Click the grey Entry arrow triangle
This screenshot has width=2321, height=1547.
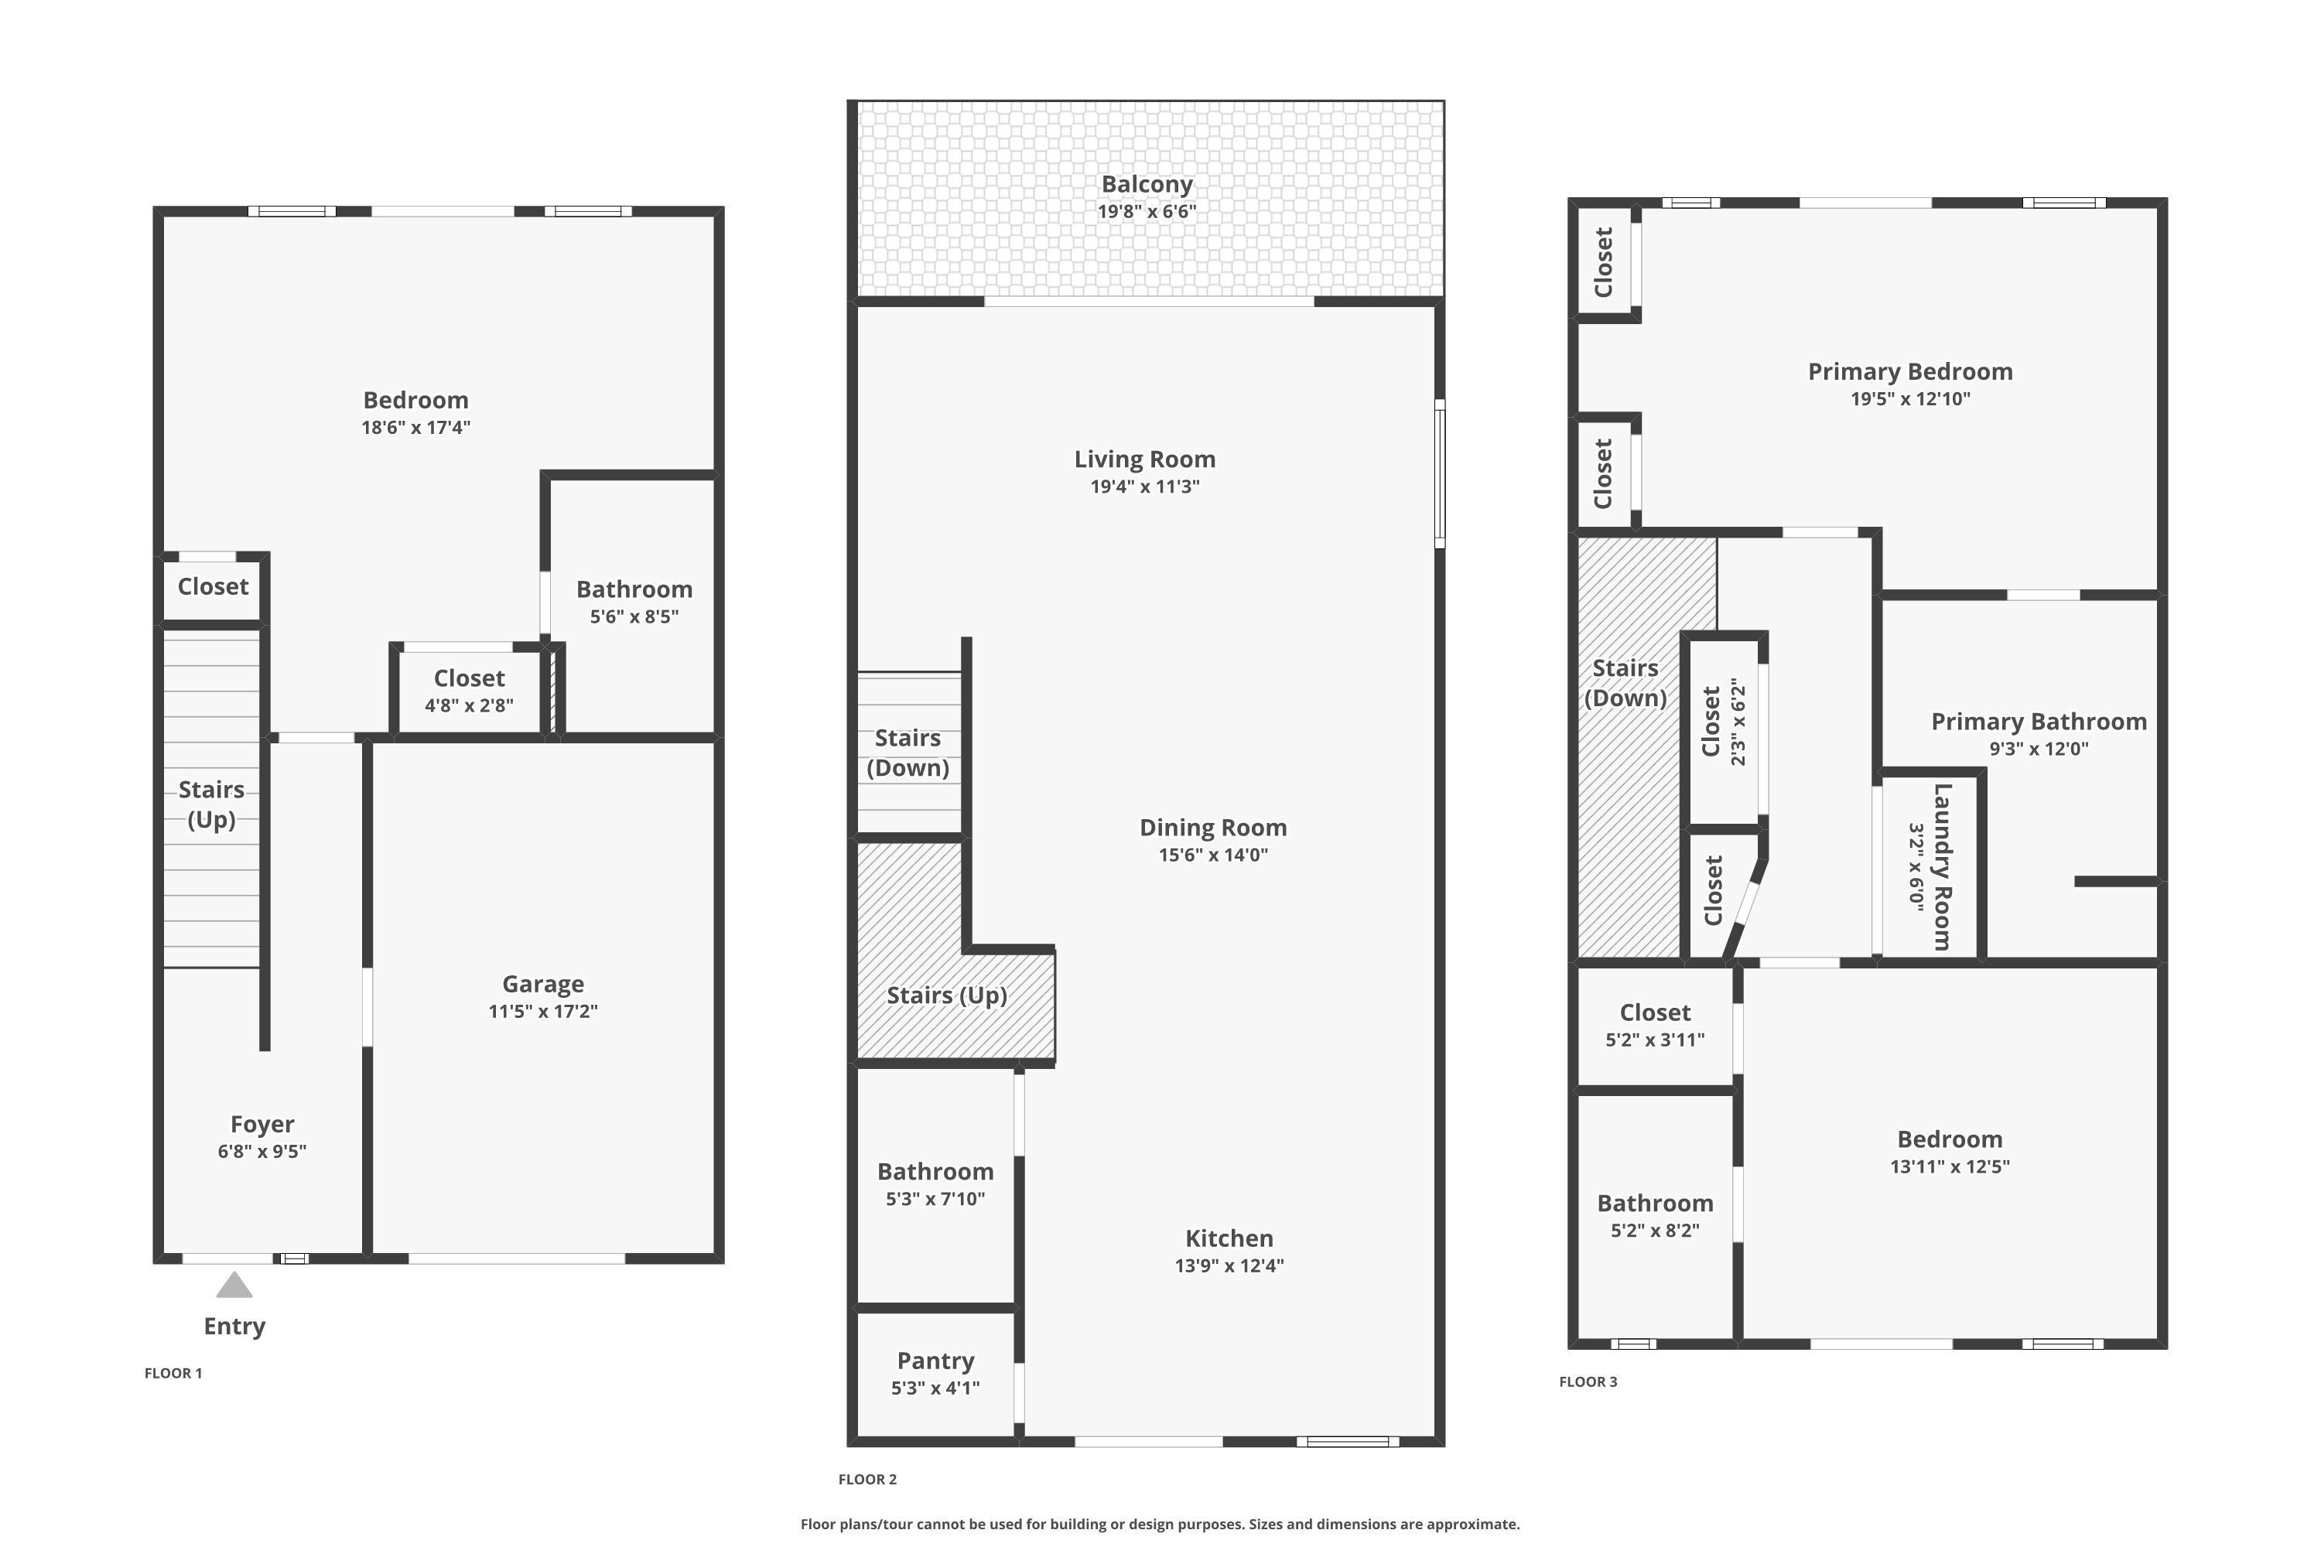(234, 1286)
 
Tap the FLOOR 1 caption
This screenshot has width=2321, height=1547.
(173, 1374)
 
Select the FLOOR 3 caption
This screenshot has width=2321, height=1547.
(1588, 1382)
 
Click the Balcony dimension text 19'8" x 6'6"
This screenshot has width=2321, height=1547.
(1147, 211)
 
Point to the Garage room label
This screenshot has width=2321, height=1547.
(543, 984)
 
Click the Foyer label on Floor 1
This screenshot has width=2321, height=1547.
(261, 1124)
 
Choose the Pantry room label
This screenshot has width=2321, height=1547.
(935, 1361)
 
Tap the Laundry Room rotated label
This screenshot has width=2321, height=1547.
(1941, 866)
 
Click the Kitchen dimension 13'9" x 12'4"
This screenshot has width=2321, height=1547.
(1229, 1265)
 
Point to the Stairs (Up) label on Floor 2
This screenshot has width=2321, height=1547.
(946, 995)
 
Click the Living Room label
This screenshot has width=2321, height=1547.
(1145, 459)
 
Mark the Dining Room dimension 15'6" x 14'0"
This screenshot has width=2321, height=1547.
(1213, 855)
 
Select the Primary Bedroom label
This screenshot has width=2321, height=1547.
(1909, 372)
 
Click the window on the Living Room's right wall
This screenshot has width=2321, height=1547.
(1440, 473)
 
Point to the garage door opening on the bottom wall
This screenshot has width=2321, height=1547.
(516, 1258)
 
